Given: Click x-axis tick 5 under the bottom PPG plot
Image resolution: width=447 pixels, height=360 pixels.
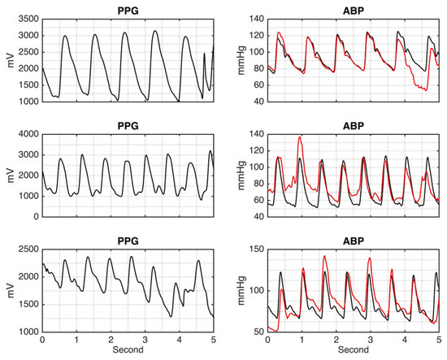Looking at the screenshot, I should pyautogui.click(x=213, y=340).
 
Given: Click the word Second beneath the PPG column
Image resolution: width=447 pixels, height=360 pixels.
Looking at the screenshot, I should pyautogui.click(x=127, y=352).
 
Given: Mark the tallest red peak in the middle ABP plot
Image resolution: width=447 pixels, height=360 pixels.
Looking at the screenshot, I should pyautogui.click(x=301, y=137).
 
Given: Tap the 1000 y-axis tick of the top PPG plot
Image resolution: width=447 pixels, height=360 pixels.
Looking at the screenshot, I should pyautogui.click(x=27, y=102).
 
